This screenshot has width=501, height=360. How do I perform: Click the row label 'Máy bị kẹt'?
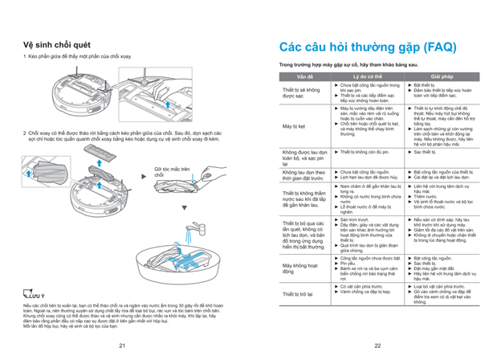pos(294,126)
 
